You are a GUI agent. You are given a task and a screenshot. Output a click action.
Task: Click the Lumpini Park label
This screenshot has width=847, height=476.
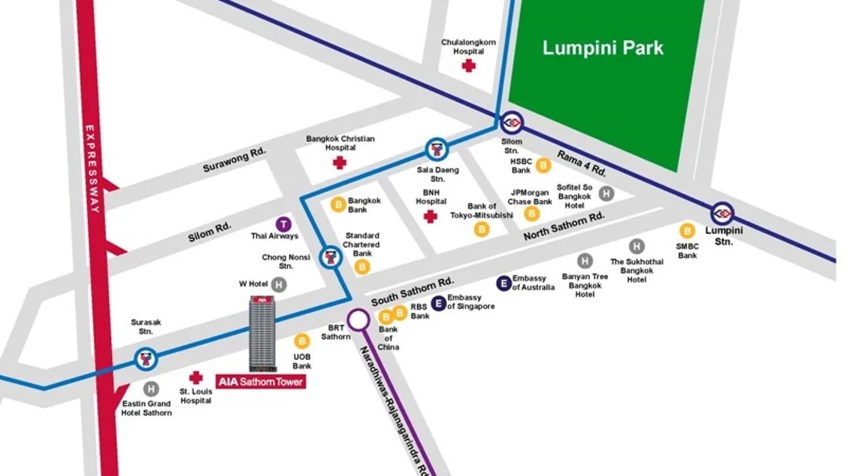point(602,48)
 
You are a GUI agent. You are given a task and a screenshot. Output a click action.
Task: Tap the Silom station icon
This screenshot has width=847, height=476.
point(511,122)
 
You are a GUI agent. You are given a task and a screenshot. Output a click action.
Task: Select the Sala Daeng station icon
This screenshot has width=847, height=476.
point(436,149)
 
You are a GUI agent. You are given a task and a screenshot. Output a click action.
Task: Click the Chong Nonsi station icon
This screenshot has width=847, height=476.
point(331,257)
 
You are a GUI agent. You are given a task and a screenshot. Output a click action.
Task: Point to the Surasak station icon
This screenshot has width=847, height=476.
point(146,360)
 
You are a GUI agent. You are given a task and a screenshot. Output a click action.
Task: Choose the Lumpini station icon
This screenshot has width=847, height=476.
point(722,213)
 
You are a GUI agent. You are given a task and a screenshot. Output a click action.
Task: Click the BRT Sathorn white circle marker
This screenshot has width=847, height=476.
point(358,319)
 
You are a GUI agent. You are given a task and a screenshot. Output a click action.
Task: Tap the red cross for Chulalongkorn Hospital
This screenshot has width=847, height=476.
point(468,66)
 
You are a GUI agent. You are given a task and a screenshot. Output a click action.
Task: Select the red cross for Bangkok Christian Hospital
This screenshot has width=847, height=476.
point(340,162)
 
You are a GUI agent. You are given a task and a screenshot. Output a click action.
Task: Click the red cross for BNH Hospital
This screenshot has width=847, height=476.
point(430,215)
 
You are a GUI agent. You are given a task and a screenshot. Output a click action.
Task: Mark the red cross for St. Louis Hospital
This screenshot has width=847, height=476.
point(195,377)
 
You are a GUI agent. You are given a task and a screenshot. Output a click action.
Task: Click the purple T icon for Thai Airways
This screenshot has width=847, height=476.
point(284,224)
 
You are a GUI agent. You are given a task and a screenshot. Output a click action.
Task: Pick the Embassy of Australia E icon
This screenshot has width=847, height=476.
point(503,283)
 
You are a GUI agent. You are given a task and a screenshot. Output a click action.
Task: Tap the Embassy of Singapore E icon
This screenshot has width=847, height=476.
point(438,302)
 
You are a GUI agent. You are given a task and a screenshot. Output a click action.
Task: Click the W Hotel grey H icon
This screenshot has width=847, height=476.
point(278,284)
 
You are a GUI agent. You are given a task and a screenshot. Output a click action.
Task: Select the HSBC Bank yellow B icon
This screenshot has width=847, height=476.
point(543,165)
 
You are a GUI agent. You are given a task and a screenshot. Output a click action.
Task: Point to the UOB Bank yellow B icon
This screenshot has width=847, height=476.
point(302,341)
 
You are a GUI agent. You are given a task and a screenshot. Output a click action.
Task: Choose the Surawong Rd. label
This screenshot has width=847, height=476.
point(234,161)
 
